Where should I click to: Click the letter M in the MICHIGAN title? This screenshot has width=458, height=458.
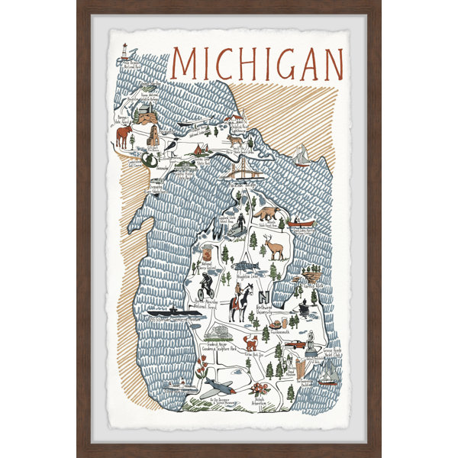[x=186, y=64]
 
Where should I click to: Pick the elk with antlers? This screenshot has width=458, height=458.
[x=273, y=247]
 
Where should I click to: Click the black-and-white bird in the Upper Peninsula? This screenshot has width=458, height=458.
[x=174, y=144]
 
